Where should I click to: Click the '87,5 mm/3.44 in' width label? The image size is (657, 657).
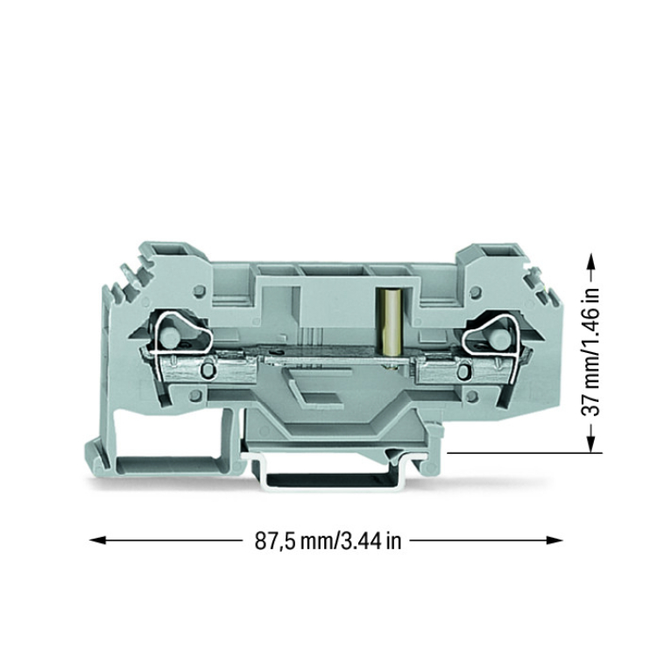(x=328, y=541)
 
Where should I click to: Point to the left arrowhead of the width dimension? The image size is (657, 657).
(x=96, y=540)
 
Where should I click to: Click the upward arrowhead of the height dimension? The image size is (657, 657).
(x=590, y=261)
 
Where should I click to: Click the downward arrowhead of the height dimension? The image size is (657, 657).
(x=590, y=444)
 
